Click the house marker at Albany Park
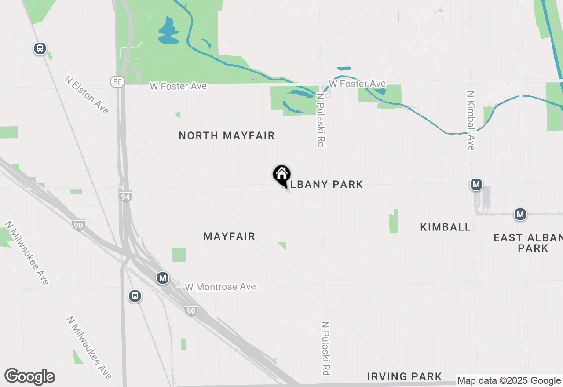(x=281, y=175)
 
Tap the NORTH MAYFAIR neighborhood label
(x=227, y=136)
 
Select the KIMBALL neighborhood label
(x=446, y=227)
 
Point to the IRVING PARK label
(x=405, y=376)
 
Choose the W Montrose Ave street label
(x=220, y=287)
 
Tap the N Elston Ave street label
(x=87, y=95)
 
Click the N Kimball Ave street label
(x=471, y=120)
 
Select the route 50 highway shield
(x=117, y=81)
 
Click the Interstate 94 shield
(x=126, y=197)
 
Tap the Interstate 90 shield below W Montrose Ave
(x=191, y=311)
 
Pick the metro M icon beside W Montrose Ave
(x=163, y=278)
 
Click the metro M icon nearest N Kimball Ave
(x=476, y=184)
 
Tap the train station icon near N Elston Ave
(x=40, y=48)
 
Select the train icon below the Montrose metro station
(x=135, y=296)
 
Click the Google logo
(x=29, y=377)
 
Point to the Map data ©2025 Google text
(x=509, y=381)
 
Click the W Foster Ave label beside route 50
(x=178, y=86)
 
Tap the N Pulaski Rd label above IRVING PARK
(x=325, y=348)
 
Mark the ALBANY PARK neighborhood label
(x=326, y=184)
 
